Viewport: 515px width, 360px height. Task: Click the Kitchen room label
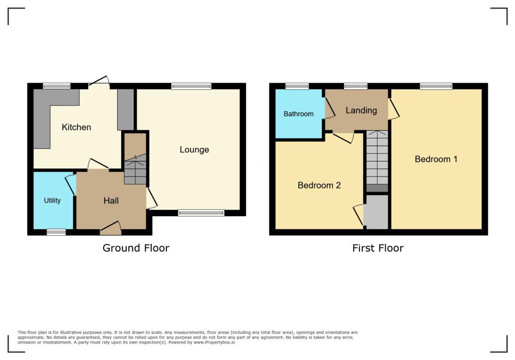76,127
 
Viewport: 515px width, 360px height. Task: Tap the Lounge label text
194,149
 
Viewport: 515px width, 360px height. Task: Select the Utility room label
52,201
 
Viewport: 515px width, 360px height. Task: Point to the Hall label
111,201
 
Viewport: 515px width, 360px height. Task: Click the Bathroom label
298,114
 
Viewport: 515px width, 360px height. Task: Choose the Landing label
361,111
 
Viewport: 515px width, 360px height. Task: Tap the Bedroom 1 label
436,159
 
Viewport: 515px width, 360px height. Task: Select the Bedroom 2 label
319,185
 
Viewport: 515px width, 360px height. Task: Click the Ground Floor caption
136,248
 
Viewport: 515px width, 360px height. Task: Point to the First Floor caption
378,248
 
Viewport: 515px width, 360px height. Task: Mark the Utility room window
56,232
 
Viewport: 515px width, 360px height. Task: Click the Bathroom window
297,86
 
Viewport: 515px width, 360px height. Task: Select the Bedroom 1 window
436,86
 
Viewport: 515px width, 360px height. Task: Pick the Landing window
356,86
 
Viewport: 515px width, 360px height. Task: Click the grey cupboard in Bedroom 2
377,212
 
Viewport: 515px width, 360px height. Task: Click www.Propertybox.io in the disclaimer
214,342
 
